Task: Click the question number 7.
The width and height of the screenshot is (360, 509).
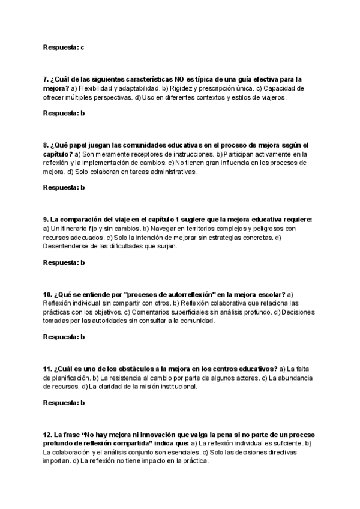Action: point(46,79)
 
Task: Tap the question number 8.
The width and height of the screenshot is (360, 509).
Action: point(46,145)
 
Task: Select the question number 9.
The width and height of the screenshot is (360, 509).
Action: point(46,220)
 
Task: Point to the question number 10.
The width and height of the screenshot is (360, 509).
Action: point(47,294)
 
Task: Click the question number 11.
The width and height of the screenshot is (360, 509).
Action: point(47,369)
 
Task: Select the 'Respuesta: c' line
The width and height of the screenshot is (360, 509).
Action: point(64,46)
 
